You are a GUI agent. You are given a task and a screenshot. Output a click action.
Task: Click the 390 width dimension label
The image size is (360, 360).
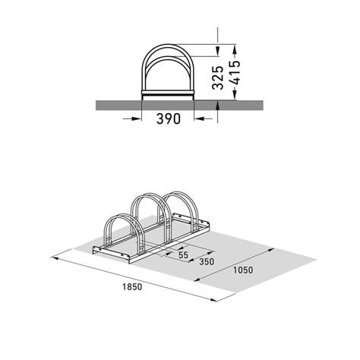[x=168, y=120]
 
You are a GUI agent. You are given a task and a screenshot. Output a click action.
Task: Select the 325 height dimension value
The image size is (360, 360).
[x=219, y=77]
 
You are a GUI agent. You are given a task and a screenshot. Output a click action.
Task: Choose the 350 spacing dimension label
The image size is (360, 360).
[x=206, y=262]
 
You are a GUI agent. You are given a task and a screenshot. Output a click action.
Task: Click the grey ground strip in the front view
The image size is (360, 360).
[x=114, y=104]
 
